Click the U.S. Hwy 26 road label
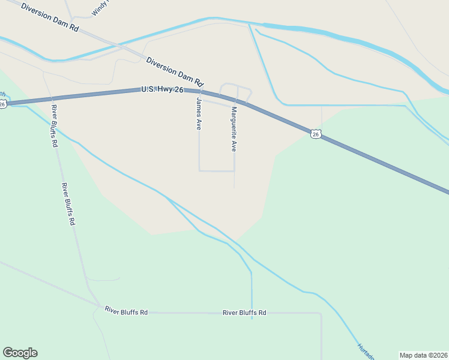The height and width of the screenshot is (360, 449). tap(162, 89)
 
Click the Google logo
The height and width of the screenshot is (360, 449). tap(20, 353)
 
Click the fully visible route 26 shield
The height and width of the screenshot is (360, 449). tap(316, 134)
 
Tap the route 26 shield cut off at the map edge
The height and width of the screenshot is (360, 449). tap(2, 104)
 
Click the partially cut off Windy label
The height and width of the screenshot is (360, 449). tap(99, 8)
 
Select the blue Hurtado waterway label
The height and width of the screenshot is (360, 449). tap(365, 351)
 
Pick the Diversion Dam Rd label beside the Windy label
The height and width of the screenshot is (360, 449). tap(49, 17)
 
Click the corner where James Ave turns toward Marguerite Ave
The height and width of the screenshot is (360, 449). tap(199, 171)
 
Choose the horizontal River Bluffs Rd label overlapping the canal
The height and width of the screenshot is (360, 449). tap(244, 313)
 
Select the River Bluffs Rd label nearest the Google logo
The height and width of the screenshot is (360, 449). tap(126, 311)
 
